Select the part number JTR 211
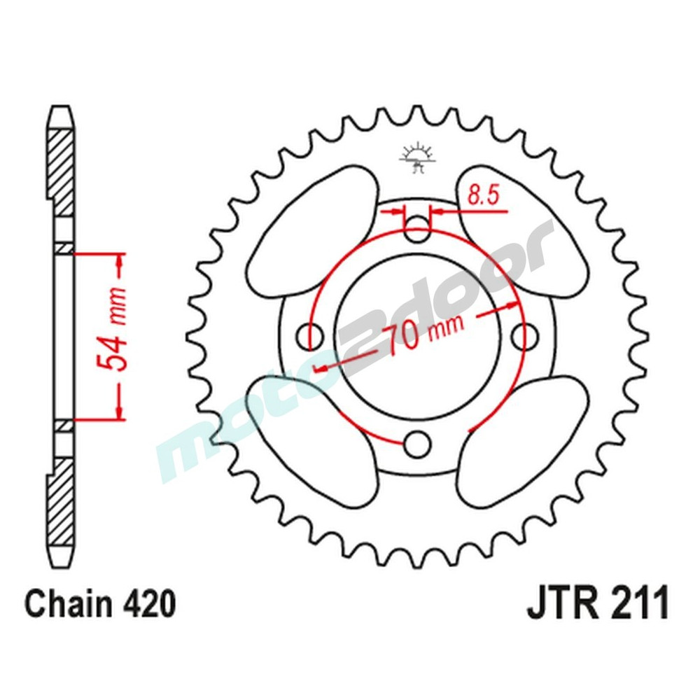pyautogui.click(x=598, y=603)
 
